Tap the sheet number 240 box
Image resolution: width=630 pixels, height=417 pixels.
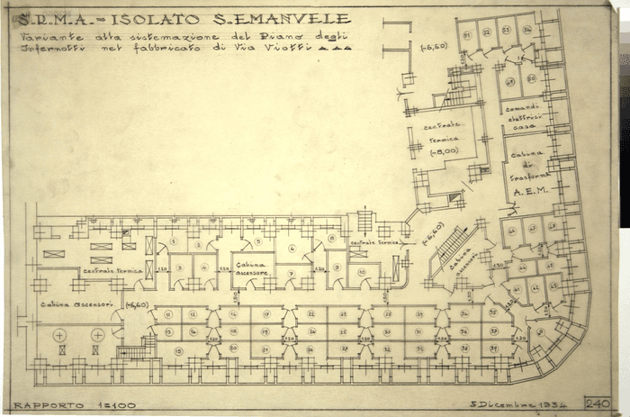597,403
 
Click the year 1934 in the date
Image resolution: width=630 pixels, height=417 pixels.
550,404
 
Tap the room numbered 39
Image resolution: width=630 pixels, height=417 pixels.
493,347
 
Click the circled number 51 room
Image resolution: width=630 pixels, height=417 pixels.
467,33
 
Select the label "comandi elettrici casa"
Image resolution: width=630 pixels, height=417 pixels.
525,115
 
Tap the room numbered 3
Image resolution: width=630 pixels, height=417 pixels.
181,267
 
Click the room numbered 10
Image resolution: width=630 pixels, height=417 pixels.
361,269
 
